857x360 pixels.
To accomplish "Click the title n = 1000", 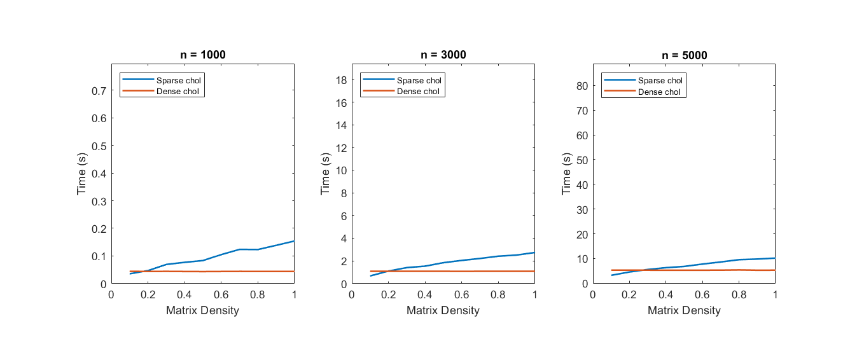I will (x=202, y=55).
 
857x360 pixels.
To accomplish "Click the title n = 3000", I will (x=443, y=55).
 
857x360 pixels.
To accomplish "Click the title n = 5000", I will (x=684, y=55).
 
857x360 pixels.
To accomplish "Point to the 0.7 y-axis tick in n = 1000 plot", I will (x=99, y=91).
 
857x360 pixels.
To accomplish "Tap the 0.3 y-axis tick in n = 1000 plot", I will (x=99, y=201).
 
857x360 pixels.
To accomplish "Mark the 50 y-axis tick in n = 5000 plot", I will (x=580, y=160).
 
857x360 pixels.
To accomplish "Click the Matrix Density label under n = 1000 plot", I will (x=202, y=310).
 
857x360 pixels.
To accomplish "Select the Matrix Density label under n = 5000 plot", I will (x=684, y=310).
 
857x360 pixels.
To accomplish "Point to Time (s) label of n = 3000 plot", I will (x=325, y=173).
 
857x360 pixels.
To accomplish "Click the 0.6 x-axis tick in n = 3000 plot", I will (x=461, y=295).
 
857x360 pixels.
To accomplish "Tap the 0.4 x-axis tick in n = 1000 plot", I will (x=185, y=295).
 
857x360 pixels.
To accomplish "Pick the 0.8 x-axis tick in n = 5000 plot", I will (x=739, y=295).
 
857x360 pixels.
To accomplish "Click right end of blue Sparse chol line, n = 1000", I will (x=293, y=241).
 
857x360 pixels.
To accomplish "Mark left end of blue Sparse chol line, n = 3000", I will (x=370, y=275).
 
